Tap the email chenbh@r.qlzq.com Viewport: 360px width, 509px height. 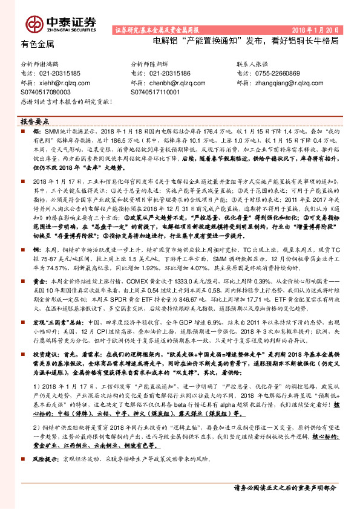coord(174,83)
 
